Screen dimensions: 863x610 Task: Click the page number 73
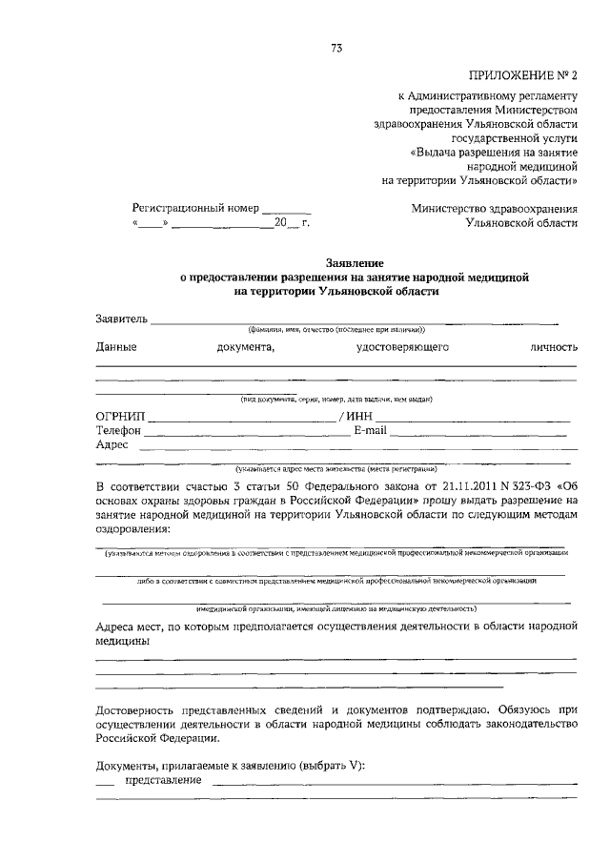pyautogui.click(x=336, y=49)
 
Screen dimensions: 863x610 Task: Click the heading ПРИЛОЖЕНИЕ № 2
pyautogui.click(x=524, y=75)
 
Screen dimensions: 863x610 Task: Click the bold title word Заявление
pyautogui.click(x=354, y=262)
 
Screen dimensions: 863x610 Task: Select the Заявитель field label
pyautogui.click(x=122, y=318)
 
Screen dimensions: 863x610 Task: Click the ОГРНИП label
pyautogui.click(x=120, y=417)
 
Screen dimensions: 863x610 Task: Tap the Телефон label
pyautogui.click(x=119, y=430)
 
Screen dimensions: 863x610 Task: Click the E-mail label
pyautogui.click(x=370, y=430)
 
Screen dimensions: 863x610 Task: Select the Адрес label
pyautogui.click(x=112, y=444)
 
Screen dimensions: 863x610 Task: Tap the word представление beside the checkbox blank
pyautogui.click(x=162, y=779)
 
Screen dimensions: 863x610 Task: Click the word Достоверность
pyautogui.click(x=140, y=709)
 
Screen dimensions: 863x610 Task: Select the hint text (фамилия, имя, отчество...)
pyautogui.click(x=336, y=328)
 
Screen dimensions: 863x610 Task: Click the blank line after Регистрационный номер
pyautogui.click(x=286, y=208)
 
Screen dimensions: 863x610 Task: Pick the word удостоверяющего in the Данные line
pyautogui.click(x=402, y=347)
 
